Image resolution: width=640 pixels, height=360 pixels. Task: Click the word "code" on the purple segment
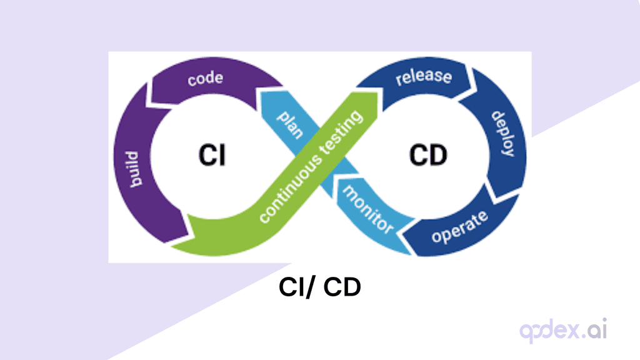[206, 79]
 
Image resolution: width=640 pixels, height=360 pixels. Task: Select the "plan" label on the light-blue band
[289, 123]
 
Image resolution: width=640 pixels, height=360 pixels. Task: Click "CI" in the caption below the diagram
[291, 288]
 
